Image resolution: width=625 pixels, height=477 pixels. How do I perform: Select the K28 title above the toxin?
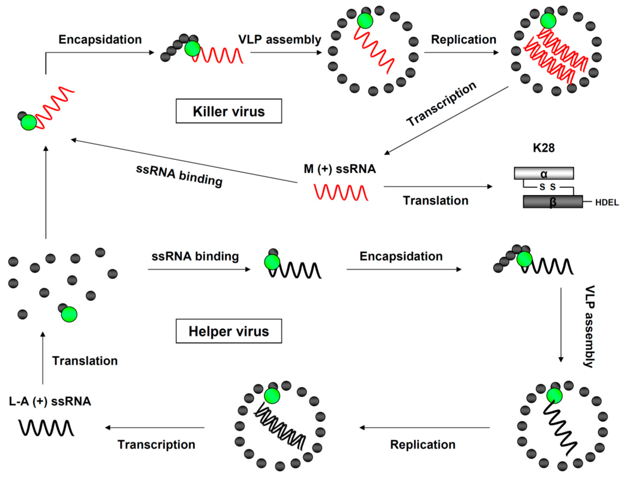544,148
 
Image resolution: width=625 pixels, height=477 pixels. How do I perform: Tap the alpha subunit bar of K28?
544,173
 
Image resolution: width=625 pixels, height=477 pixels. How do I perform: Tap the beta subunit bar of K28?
553,202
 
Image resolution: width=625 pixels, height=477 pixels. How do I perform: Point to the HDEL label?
607,203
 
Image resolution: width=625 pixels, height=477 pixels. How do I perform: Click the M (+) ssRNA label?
340,169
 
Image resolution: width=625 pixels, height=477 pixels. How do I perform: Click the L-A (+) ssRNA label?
50,401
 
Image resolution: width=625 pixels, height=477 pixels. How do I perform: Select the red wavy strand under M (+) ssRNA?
341,192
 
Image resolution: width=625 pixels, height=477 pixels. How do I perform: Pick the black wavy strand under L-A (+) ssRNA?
46,428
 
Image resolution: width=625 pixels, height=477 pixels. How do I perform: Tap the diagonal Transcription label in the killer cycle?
442,104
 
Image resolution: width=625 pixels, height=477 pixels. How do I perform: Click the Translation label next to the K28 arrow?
436,201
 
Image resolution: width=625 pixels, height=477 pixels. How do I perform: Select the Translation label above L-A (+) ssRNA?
85,361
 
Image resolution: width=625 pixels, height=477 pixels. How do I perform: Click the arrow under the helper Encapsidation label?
404,269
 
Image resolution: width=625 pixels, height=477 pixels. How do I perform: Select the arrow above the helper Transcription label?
155,428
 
